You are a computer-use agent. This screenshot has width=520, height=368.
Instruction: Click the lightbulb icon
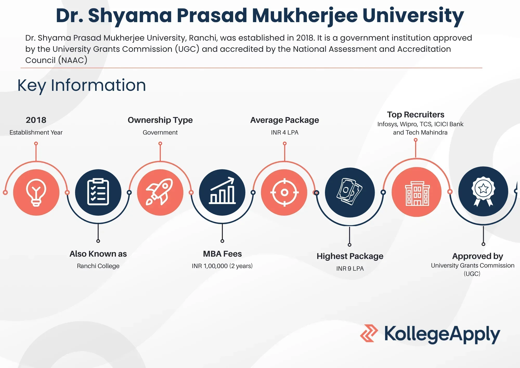(x=36, y=193)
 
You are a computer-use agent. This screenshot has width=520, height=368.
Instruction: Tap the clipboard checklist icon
(x=98, y=192)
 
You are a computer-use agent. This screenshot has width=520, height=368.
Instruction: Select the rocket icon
(x=159, y=192)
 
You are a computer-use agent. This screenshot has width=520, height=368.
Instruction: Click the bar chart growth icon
(x=222, y=190)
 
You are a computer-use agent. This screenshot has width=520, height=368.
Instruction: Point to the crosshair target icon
(x=284, y=193)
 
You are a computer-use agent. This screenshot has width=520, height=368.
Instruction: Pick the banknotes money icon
(x=350, y=192)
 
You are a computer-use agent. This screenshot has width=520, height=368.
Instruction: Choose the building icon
(x=417, y=193)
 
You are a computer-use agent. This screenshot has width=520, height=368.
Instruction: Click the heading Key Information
(x=82, y=85)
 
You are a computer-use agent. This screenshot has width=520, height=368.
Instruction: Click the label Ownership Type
(x=160, y=120)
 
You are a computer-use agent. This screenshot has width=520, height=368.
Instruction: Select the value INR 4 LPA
(x=285, y=132)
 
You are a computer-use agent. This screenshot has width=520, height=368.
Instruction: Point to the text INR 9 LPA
(x=350, y=269)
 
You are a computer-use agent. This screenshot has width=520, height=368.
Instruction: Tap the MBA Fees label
(x=222, y=254)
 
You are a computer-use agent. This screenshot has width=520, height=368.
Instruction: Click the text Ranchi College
(x=98, y=266)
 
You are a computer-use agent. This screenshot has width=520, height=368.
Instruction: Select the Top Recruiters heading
(x=415, y=115)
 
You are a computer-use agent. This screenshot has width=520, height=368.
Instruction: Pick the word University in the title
(x=413, y=16)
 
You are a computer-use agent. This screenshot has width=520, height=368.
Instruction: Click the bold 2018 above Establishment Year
(x=36, y=120)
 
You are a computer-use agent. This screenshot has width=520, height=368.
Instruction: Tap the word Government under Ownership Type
(x=160, y=132)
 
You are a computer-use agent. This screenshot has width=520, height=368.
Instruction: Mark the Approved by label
(x=478, y=256)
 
